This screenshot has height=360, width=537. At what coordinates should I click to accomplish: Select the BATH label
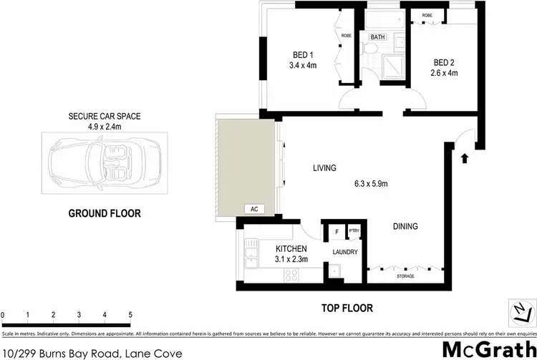pos(377,37)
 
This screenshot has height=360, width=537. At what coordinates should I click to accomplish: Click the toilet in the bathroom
pos(371,49)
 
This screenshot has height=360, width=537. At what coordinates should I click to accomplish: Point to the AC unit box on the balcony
pos(252,209)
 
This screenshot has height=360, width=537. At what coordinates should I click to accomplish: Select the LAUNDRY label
pos(344,252)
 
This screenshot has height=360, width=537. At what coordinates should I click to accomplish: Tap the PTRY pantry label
pos(354,231)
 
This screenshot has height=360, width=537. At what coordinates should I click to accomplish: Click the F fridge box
pos(337,232)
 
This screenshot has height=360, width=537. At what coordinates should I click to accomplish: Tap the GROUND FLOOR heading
pos(105,213)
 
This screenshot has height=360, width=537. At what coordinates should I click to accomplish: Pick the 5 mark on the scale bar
pos(130,315)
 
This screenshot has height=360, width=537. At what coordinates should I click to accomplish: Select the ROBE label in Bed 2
pos(427,15)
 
